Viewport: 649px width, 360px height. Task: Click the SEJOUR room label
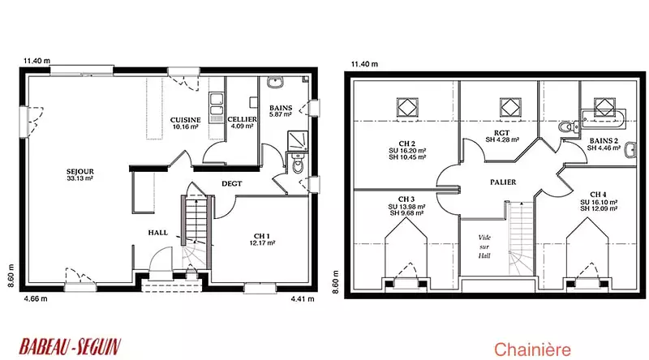point(80,171)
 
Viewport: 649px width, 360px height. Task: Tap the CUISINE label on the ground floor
point(185,120)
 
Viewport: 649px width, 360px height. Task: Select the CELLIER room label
point(242,119)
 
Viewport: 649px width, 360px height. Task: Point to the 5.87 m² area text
point(281,114)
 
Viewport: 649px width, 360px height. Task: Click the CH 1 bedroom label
point(262,236)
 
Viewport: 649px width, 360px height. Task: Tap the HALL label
point(158,233)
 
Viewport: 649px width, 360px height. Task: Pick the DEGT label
point(232,184)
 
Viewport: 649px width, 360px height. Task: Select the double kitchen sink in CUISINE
point(216,104)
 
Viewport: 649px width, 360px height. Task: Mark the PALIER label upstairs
point(503,182)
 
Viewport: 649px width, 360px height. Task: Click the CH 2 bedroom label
point(407,144)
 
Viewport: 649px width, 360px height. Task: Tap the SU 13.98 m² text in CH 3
point(406,207)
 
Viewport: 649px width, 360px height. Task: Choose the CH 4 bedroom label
point(598,195)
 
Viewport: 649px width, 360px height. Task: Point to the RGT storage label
point(501,133)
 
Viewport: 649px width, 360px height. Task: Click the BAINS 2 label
point(604,141)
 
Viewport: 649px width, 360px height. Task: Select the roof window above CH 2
point(407,107)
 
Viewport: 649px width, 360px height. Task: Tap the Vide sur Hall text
point(484,246)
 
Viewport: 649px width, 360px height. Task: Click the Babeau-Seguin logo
point(70,346)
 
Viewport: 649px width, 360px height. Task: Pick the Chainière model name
point(532,349)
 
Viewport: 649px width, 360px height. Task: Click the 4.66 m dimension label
point(36,298)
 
